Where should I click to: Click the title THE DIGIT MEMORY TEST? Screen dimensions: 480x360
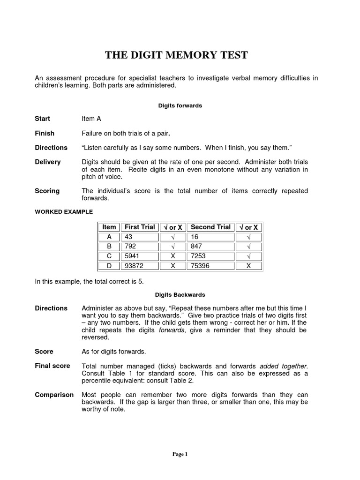click(176, 55)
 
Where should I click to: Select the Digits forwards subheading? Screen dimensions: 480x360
click(180, 106)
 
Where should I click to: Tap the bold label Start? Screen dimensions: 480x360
click(43, 119)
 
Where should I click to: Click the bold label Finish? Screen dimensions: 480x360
click(45, 133)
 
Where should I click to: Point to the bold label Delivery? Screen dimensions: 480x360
click(48, 162)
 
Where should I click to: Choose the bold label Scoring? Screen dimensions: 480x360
click(47, 191)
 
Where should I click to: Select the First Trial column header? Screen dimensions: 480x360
click(140, 227)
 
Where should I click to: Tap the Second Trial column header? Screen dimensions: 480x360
click(210, 227)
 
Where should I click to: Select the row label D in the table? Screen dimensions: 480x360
click(109, 266)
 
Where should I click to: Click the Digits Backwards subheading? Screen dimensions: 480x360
click(180, 295)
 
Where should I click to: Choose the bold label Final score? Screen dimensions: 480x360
click(52, 366)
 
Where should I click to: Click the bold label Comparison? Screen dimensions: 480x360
click(54, 395)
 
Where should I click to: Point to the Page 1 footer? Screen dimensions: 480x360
click(180, 454)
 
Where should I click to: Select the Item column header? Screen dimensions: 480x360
click(109, 227)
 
